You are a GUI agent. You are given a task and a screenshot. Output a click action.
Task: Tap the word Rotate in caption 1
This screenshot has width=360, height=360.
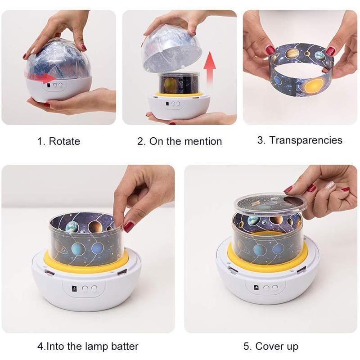[64, 141]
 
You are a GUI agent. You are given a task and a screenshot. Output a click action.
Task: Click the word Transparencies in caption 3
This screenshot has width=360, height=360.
[306, 140]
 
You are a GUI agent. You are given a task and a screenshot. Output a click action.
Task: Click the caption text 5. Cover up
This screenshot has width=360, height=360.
[271, 346]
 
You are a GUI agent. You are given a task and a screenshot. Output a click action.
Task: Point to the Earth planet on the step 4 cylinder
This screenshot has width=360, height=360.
[72, 226]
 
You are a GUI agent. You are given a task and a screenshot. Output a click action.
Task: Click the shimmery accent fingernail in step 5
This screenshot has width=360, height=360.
[330, 185]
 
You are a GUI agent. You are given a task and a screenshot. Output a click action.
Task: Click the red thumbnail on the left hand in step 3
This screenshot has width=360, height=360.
[270, 49]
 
